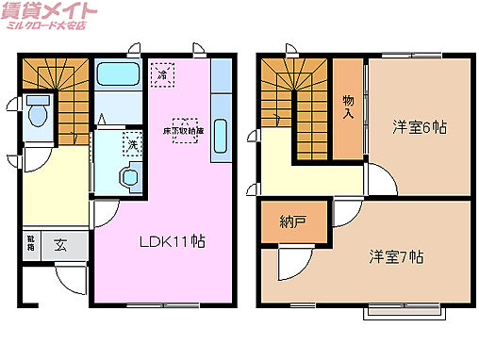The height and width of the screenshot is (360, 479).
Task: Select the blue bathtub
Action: coord(117,74)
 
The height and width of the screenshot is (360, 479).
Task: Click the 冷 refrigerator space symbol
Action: coord(164,73)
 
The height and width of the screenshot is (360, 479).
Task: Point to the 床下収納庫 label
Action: coord(185,130)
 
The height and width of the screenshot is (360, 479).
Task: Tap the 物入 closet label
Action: coord(348,106)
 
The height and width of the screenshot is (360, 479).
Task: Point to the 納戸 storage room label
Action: coord(293,222)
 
